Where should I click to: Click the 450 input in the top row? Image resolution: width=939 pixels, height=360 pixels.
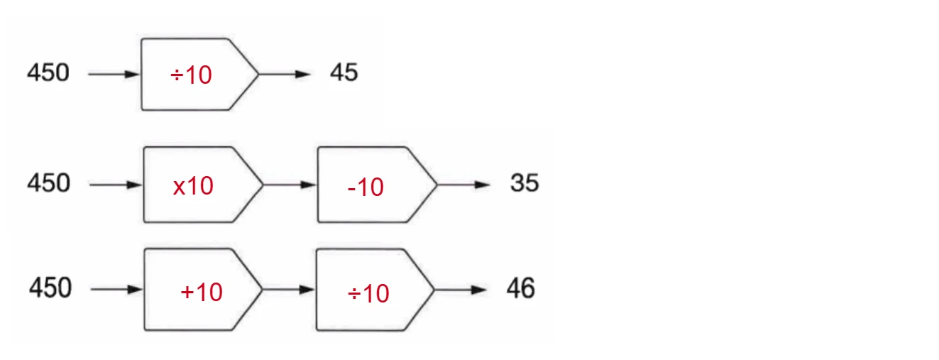[x=48, y=72]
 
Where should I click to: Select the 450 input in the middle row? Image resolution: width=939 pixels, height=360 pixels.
[x=49, y=183]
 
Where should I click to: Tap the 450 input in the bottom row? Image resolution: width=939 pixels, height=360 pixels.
[x=50, y=288]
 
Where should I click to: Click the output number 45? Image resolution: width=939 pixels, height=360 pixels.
[x=344, y=72]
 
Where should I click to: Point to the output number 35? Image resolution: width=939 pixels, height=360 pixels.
[x=525, y=183]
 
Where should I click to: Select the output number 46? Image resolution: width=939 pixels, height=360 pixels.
[x=521, y=288]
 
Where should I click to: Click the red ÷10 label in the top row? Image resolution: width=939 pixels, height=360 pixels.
[x=191, y=75]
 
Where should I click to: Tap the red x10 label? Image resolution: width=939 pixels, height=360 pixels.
[x=193, y=186]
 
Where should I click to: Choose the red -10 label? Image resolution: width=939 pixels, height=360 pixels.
[x=366, y=187]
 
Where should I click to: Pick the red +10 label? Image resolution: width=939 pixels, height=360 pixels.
[x=202, y=292]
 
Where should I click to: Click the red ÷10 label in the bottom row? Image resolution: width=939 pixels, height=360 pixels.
[x=368, y=293]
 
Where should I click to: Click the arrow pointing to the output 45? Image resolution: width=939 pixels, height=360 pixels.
[x=285, y=75]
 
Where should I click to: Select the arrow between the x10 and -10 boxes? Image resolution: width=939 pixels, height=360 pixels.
[x=290, y=185]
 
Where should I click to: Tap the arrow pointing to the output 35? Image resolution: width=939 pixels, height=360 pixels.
[x=463, y=185]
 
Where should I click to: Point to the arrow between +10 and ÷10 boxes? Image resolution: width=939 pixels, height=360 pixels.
[x=288, y=290]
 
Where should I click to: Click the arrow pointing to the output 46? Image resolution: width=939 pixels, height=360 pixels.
[x=461, y=290]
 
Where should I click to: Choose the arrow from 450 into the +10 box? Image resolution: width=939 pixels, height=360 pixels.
[x=117, y=290]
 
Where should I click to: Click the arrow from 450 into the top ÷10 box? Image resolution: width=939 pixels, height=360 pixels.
[x=114, y=75]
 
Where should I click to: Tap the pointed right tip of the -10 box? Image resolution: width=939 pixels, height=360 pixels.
[x=436, y=185]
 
